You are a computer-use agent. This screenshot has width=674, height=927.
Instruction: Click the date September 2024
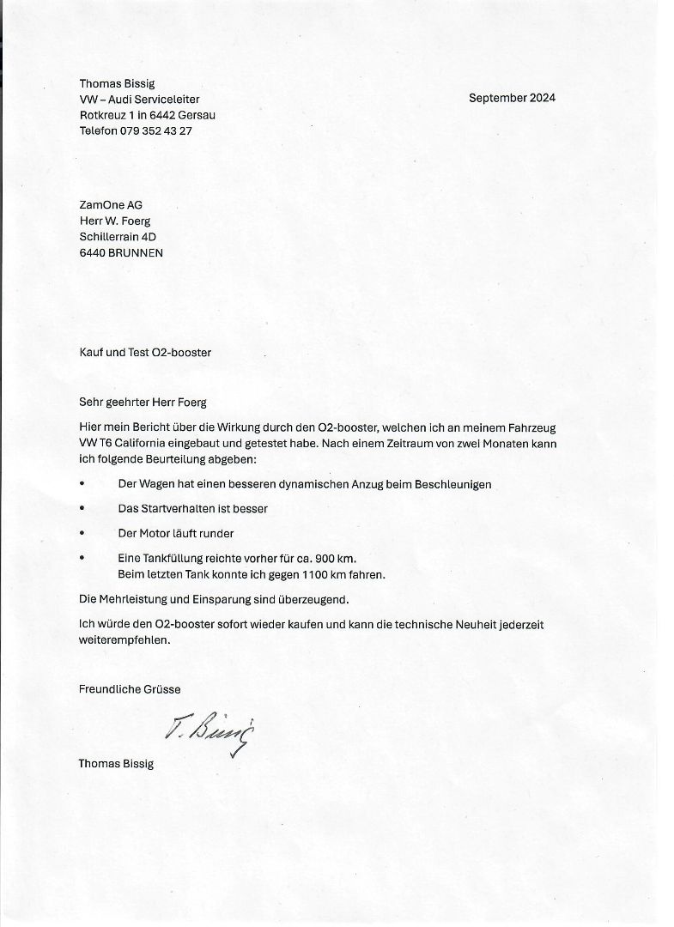click(x=512, y=98)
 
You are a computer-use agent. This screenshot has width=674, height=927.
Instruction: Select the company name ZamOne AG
click(x=111, y=204)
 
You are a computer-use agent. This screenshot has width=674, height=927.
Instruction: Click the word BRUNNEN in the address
click(x=136, y=253)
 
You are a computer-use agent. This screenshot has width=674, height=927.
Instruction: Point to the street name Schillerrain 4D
click(x=118, y=237)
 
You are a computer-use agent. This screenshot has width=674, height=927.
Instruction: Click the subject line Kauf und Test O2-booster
click(x=145, y=352)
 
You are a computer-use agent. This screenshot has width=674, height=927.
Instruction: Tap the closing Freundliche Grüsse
click(x=130, y=689)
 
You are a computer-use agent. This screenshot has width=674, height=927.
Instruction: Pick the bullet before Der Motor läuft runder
click(x=82, y=533)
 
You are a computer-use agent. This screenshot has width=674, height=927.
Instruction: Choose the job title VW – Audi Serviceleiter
click(x=139, y=100)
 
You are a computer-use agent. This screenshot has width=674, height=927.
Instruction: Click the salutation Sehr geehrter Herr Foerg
click(x=143, y=402)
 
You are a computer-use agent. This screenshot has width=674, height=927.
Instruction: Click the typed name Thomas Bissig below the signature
click(x=116, y=763)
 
